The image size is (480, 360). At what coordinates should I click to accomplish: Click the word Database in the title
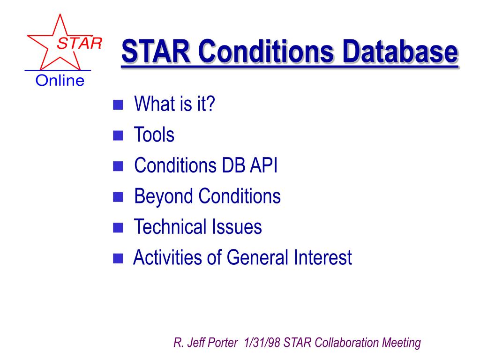coord(400,51)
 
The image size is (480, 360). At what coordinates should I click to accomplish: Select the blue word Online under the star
coord(60,81)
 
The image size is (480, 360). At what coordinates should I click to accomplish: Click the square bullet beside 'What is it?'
coord(118,105)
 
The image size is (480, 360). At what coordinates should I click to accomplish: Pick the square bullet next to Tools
coord(118,135)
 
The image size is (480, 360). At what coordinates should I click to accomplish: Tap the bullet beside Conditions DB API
coord(118,166)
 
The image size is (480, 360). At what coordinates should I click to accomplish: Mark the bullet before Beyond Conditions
coord(118,197)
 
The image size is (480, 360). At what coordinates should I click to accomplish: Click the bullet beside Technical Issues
coord(118,227)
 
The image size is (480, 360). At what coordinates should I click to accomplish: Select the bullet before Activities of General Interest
coord(118,258)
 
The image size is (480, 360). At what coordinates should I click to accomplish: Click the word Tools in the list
coord(154,135)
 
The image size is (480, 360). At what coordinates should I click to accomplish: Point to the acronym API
coord(263,165)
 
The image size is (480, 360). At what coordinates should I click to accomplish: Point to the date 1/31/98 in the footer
coord(262,342)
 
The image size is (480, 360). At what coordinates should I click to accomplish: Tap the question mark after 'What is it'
coord(210,104)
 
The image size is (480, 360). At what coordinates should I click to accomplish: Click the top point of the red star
coord(60,14)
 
